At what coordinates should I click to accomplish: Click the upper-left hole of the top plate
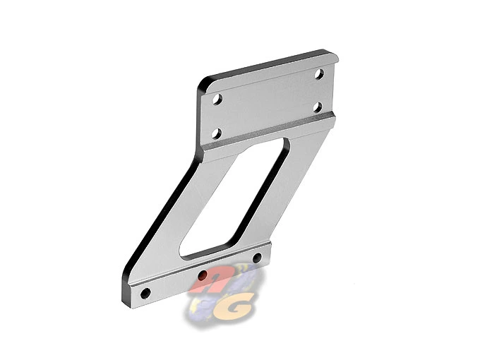point(217,100)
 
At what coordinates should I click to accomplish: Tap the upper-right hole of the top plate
point(318,73)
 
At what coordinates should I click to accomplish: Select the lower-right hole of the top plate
point(318,107)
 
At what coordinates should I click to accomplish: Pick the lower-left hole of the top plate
point(216,133)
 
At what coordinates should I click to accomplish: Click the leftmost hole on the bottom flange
point(145,292)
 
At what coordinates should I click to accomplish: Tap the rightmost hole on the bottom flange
point(257,257)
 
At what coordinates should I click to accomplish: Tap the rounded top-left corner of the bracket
point(203,84)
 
